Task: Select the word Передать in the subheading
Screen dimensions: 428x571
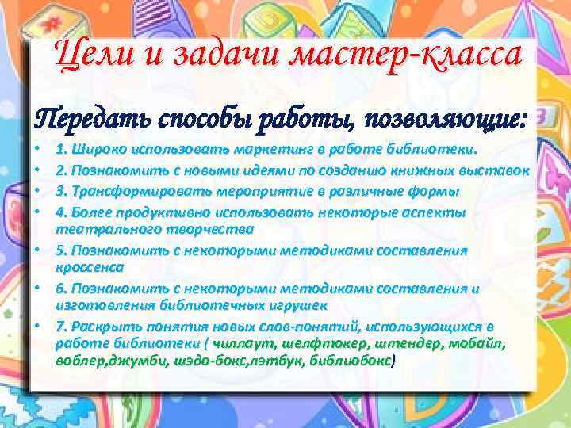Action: coord(86,120)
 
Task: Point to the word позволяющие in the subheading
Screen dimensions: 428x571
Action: coord(445,120)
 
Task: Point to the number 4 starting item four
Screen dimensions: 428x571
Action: coord(60,212)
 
